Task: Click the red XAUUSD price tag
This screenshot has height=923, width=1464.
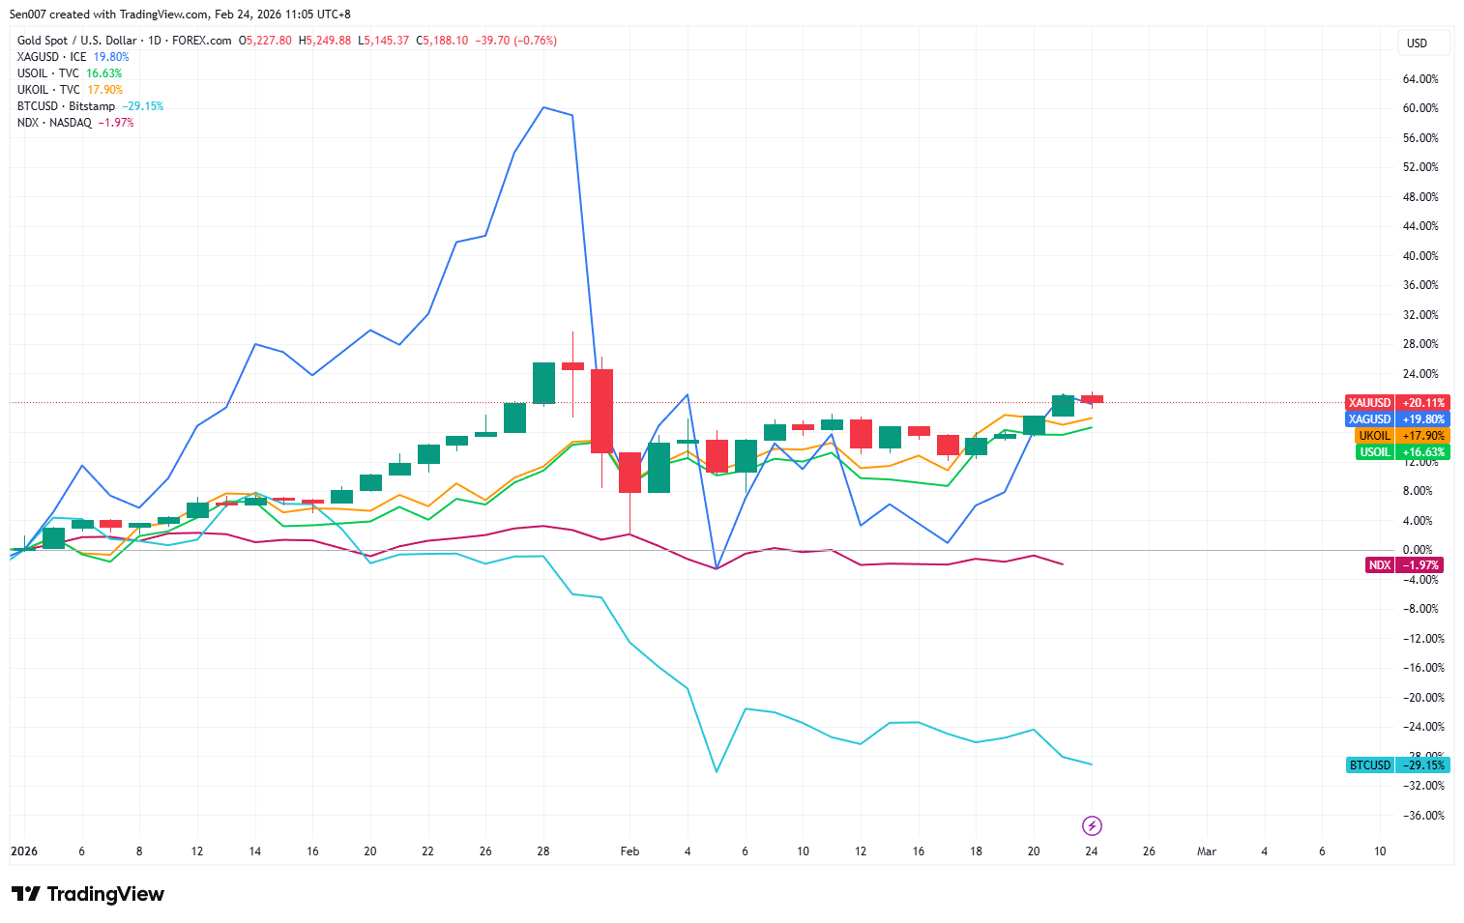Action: [x=1396, y=403]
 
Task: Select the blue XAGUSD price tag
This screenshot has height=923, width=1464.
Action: [x=1396, y=419]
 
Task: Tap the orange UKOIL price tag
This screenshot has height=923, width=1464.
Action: [x=1402, y=436]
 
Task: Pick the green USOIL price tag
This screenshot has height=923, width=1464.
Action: [x=1402, y=452]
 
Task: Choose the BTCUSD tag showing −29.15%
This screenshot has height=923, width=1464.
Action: [x=1396, y=765]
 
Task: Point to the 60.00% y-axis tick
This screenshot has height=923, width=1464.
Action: [x=1420, y=108]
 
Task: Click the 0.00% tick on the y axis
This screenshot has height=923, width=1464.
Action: [x=1418, y=550]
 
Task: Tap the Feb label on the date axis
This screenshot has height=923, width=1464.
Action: [x=630, y=851]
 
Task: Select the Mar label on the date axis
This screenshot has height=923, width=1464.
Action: [x=1206, y=851]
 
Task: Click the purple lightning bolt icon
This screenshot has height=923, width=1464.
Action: [x=1092, y=825]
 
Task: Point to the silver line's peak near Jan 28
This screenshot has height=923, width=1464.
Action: [x=543, y=107]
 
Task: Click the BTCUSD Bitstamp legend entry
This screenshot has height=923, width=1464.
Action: [x=66, y=106]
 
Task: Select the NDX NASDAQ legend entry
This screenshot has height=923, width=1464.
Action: [x=54, y=123]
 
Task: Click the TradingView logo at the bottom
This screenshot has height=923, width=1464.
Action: [x=88, y=894]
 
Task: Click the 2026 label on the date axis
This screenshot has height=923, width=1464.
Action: [x=24, y=851]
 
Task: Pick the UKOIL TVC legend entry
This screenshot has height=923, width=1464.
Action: [x=48, y=90]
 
